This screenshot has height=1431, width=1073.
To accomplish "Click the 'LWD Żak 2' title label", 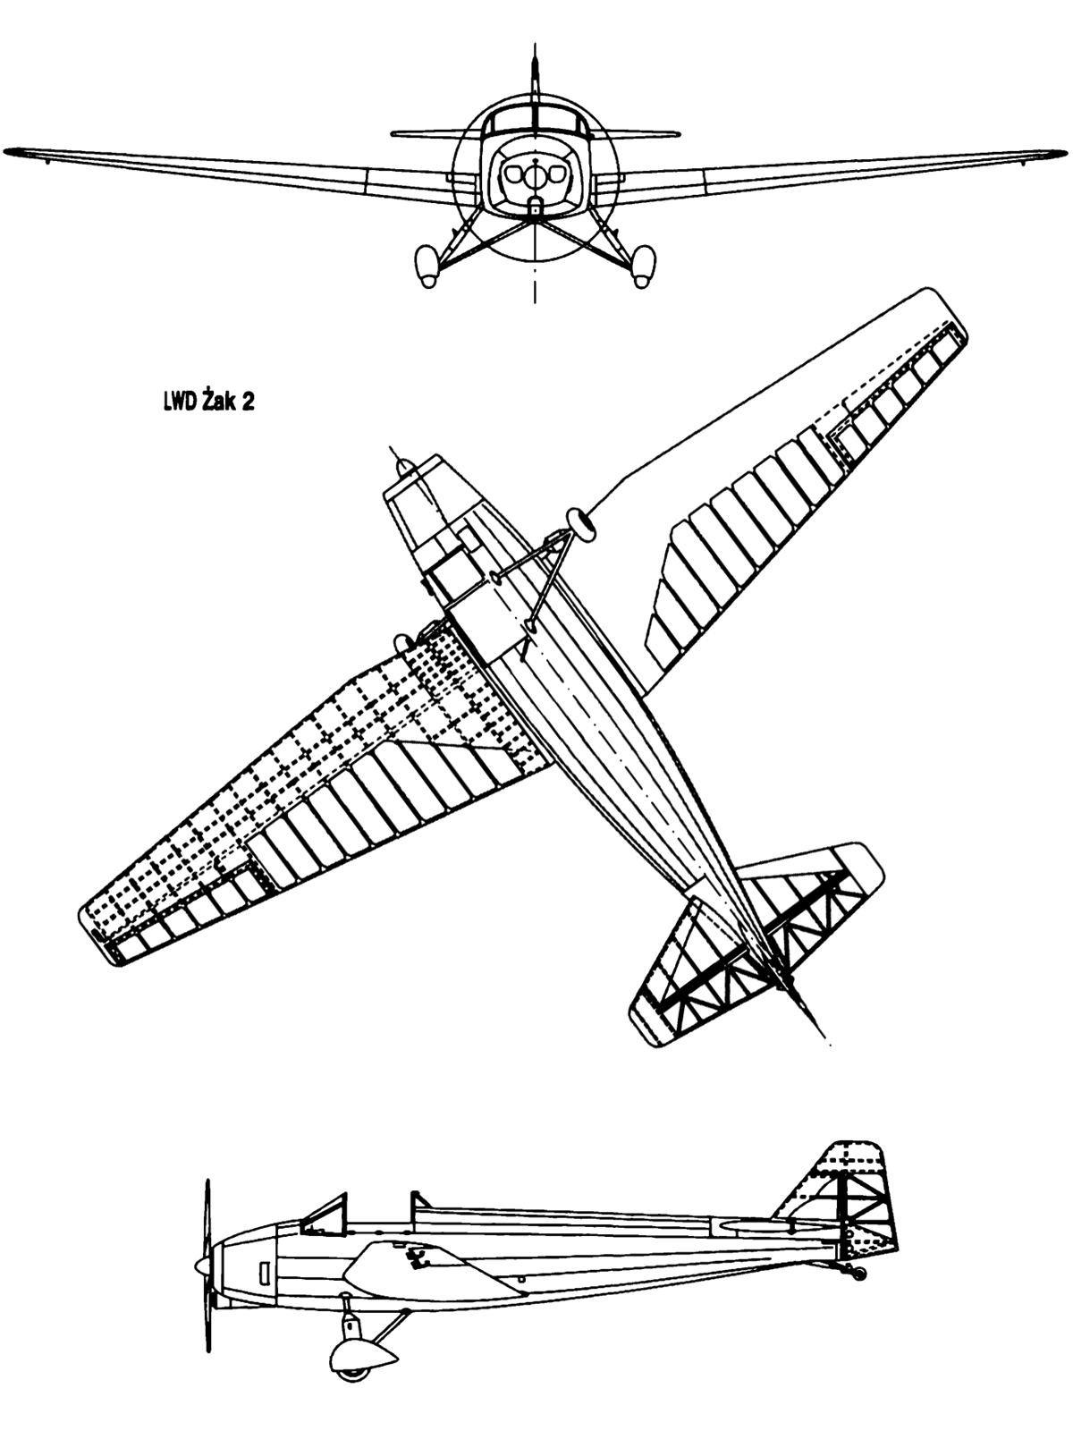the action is [208, 402].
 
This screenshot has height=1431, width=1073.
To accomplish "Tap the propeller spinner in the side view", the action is [203, 1266].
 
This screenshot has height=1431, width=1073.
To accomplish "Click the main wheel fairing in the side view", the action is [362, 1357].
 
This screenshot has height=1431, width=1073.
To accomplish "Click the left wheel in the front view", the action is [427, 266].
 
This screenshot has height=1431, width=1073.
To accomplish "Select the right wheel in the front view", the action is [643, 266].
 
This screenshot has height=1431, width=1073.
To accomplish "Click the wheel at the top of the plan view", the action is [581, 526].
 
